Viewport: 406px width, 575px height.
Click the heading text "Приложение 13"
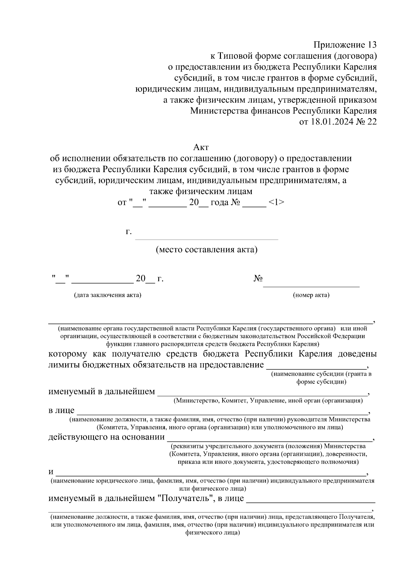[x=345, y=45]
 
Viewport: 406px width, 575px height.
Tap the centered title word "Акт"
[x=201, y=147]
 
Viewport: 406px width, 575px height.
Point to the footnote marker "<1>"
[x=276, y=203]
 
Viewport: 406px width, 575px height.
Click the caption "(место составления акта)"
[x=206, y=250]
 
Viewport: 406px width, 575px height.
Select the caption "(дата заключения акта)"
[x=108, y=295]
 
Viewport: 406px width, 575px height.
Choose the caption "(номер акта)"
[x=311, y=295]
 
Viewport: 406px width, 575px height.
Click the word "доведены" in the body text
[x=357, y=354]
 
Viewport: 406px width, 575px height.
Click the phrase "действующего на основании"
[x=107, y=437]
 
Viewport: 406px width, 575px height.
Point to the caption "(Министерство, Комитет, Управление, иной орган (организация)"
[x=268, y=401]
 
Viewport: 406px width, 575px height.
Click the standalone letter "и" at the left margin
[x=51, y=472]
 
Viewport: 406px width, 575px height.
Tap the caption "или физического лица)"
[x=212, y=489]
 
